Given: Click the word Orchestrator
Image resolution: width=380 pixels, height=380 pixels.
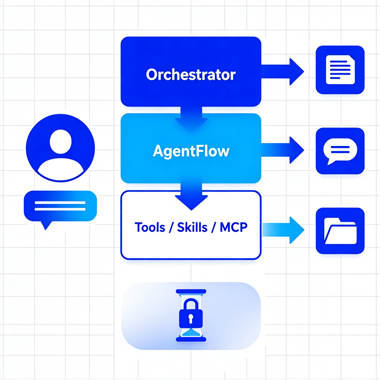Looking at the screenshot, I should [191, 75].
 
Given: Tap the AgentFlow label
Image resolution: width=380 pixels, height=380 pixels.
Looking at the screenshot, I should [191, 151].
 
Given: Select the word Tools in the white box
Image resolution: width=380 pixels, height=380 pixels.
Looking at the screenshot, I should [150, 227].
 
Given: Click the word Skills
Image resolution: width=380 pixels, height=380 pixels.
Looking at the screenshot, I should [192, 227].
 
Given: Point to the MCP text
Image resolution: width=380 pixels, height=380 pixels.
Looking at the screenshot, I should [233, 227].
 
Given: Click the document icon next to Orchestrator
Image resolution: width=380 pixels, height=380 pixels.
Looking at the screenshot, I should [340, 69].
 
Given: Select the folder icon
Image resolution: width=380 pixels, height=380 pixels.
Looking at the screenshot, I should [340, 231].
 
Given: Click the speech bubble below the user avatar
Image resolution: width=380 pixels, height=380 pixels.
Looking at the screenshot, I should [60, 207].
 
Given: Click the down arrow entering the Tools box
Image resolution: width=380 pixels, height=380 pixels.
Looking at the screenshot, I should [191, 195].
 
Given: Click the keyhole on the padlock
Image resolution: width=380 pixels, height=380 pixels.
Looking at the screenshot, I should [191, 318].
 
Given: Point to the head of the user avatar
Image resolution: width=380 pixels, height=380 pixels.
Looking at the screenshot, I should [60, 141].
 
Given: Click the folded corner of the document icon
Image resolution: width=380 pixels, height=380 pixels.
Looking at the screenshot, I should [351, 59].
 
